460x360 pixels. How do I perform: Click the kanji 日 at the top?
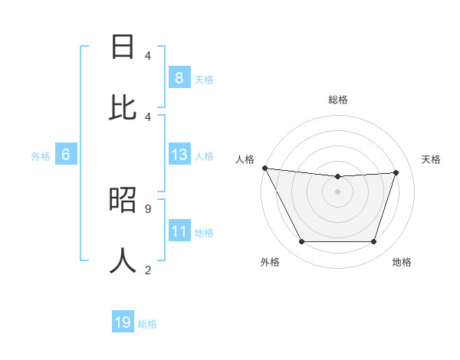(123, 47)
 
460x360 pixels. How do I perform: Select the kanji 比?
(123, 108)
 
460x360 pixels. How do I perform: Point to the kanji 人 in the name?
(123, 260)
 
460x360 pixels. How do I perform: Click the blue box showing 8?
(179, 78)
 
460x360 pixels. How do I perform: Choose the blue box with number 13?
(179, 155)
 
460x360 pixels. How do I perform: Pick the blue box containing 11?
(179, 232)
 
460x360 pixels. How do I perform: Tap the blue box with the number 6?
(66, 155)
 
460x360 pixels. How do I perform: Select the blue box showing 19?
(123, 323)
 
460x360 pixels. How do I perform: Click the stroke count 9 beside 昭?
(147, 208)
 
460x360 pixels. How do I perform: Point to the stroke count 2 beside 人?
(147, 269)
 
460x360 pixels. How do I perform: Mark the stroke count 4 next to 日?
(147, 55)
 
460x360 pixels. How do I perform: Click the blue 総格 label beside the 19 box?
(147, 324)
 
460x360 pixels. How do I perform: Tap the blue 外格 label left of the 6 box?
(41, 156)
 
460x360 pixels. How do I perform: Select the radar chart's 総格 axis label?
(337, 100)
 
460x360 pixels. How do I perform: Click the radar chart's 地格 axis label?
(402, 262)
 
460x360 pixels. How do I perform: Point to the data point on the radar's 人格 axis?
(264, 168)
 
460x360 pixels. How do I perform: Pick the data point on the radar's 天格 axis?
(396, 172)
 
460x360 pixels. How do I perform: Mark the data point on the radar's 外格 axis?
(301, 242)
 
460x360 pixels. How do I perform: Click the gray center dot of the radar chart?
(337, 191)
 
